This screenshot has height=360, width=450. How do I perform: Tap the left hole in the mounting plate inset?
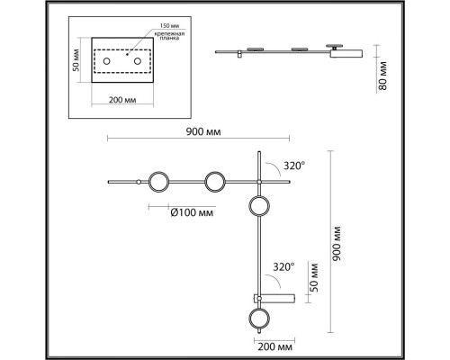pos(106,61)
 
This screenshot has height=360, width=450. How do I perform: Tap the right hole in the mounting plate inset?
pos(139,61)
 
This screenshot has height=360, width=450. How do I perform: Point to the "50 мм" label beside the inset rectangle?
pos(78,60)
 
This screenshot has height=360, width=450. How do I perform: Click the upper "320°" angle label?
pos(293,166)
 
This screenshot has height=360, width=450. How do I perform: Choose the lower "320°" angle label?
pos(284,266)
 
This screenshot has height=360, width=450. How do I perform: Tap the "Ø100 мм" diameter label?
pos(191,212)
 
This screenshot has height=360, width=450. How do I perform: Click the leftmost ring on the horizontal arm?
pos(157,183)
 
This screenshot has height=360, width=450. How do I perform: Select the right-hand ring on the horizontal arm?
pos(214,183)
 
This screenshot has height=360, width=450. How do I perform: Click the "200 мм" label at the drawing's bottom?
pos(274,345)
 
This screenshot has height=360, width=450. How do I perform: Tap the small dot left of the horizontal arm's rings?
pos(138,183)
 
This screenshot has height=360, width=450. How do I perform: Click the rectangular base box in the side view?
pos(348,54)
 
